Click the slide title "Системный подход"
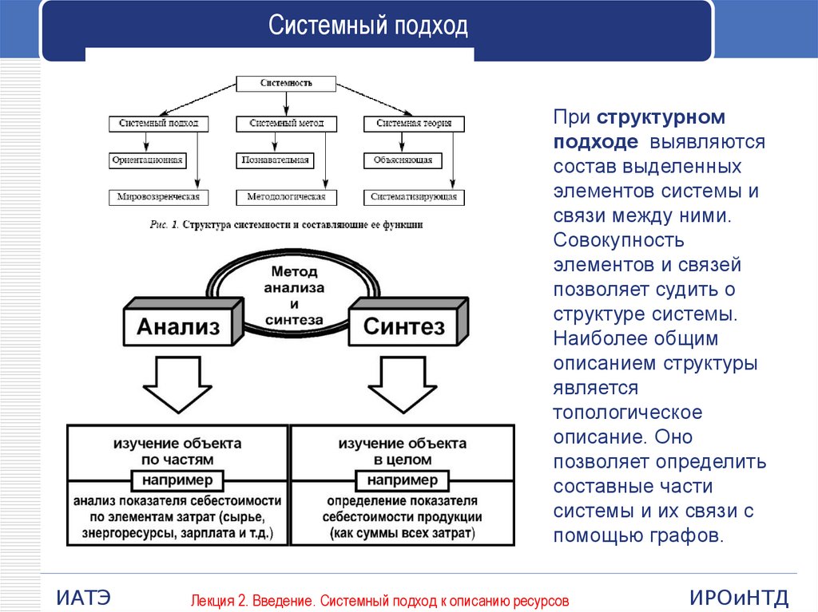(x=367, y=27)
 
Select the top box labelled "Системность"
(x=286, y=83)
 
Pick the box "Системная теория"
(x=414, y=124)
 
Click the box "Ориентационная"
(x=147, y=160)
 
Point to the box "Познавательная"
(x=274, y=160)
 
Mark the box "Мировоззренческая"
(x=157, y=196)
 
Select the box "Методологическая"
(x=286, y=196)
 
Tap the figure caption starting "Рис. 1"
(x=286, y=225)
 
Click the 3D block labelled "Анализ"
(x=178, y=326)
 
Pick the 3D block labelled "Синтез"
(x=403, y=326)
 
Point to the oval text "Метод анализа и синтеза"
(x=294, y=295)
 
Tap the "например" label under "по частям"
(x=178, y=480)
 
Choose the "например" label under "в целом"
(x=403, y=480)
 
